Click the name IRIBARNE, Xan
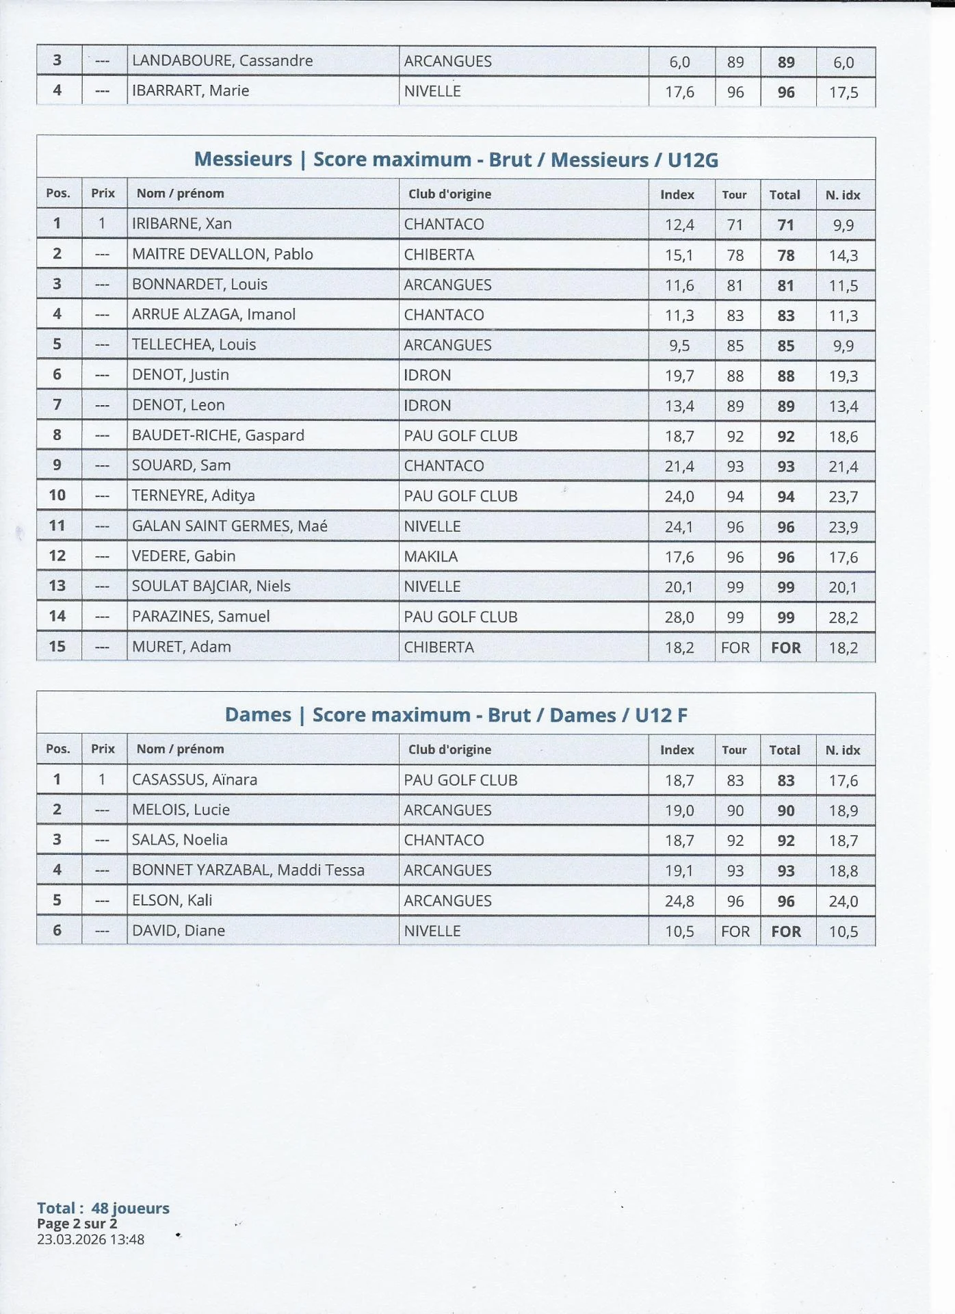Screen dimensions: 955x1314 coord(181,224)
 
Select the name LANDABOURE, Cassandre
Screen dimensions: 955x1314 coord(222,61)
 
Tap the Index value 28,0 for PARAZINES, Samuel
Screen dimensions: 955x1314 coord(679,617)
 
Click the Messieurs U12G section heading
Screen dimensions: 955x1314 coord(456,159)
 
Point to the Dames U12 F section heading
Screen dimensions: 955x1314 coord(456,715)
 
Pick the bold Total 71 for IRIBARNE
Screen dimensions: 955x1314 coord(785,225)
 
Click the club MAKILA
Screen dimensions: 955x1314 coord(430,556)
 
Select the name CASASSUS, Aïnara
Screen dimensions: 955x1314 coord(194,780)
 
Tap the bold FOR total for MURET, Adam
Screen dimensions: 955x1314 coord(785,647)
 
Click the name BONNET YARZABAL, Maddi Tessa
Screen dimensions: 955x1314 coord(248,870)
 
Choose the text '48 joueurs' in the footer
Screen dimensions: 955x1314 coord(130,1208)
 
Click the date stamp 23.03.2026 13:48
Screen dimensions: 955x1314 coord(90,1239)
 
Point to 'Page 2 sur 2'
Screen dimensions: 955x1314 coord(77,1224)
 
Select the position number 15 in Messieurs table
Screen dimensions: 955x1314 coord(57,647)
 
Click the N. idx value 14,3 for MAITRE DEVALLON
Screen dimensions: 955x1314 coord(843,255)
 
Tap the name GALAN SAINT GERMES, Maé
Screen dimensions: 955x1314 coord(229,526)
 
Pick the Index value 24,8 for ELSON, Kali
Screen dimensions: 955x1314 coord(679,901)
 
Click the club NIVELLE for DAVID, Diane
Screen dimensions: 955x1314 coord(432,931)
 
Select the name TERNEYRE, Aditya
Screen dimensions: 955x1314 coord(193,495)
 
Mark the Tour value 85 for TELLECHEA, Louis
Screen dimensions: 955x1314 coord(735,346)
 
